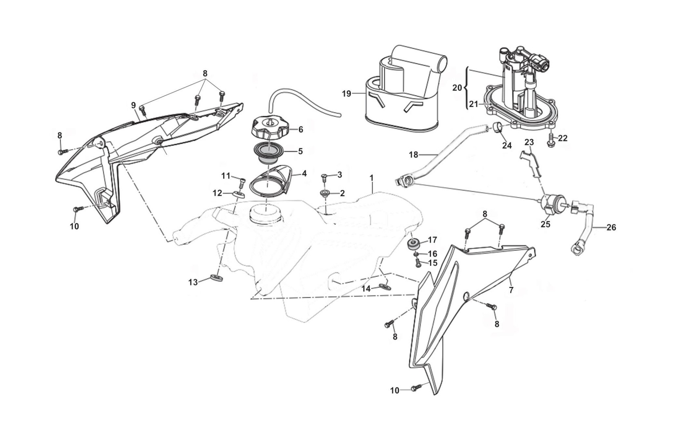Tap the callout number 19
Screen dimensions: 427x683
346,94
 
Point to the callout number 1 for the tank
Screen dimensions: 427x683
371,178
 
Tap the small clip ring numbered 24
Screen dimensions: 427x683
498,128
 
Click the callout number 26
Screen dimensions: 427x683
611,227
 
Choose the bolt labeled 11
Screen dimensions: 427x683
242,182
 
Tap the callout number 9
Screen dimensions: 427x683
133,105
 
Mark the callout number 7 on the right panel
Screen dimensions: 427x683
511,290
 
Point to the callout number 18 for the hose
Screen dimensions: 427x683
413,155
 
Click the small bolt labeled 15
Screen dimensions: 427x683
419,264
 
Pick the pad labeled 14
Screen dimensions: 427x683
385,286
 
